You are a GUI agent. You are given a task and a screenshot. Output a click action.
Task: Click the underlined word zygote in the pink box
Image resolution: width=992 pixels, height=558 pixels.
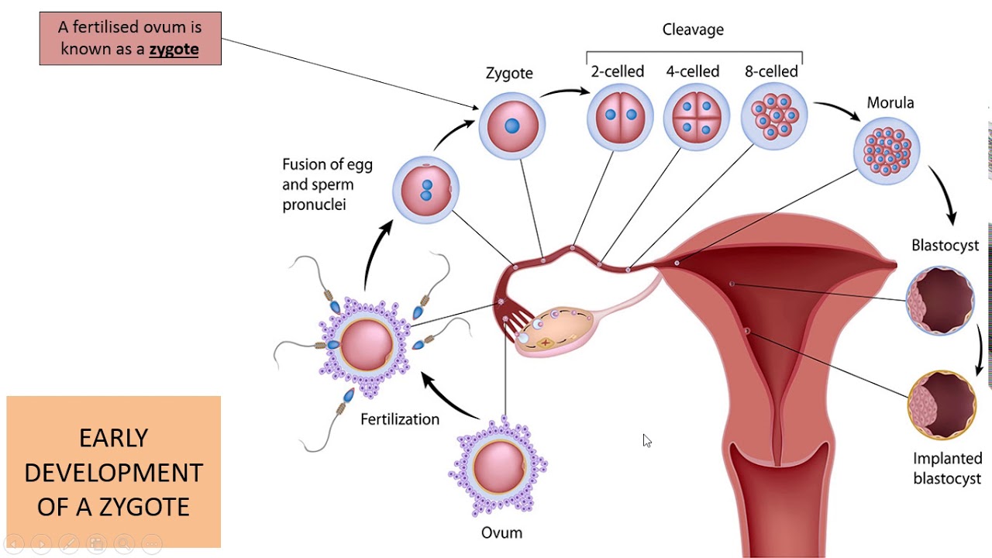coord(174,50)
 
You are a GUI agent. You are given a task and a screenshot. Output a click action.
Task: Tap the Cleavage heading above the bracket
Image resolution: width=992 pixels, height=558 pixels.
coord(693,29)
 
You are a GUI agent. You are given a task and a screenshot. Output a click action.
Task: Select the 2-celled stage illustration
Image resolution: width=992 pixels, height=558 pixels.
coord(619,115)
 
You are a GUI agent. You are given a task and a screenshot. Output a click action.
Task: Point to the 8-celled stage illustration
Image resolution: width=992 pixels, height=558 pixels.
coord(774,115)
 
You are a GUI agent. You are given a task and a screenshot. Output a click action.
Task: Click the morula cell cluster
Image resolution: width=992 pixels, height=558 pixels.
coord(887,150)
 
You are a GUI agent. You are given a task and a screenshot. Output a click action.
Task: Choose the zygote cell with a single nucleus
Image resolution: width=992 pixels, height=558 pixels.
coord(511,126)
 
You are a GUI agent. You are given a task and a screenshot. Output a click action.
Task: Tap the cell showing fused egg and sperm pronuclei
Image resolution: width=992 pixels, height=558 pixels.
coord(425,190)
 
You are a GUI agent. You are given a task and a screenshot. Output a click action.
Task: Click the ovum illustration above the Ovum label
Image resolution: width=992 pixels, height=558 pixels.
coord(497,467)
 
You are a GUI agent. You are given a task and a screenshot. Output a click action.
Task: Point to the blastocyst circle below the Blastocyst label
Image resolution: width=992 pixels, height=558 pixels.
coord(939,301)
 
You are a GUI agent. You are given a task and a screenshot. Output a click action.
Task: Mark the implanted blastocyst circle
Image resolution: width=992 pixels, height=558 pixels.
coord(941,405)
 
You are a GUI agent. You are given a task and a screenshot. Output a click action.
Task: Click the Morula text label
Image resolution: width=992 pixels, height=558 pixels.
coord(890,103)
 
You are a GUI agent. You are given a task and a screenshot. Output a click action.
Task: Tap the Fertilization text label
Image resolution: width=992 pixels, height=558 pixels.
coord(400,419)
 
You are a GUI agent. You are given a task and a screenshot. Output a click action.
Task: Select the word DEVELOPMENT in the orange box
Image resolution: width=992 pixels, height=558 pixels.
coord(113,472)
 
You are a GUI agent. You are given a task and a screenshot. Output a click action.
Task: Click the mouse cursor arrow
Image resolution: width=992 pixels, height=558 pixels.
coord(646,440)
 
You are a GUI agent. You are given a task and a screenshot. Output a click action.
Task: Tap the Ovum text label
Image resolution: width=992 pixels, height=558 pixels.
coord(501,532)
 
